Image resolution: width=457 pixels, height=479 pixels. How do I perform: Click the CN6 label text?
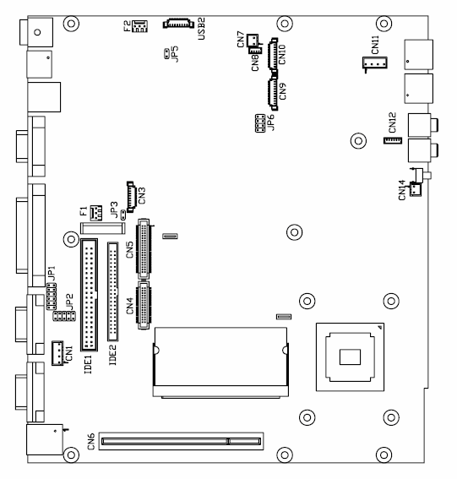point(91,442)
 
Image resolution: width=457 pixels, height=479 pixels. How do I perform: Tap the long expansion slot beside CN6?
point(181,441)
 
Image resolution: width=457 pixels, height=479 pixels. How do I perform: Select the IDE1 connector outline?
point(89,295)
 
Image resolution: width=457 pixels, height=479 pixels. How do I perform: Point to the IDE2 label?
point(112,355)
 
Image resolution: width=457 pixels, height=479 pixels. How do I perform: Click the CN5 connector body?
point(144,248)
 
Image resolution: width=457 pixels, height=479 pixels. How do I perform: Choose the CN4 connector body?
point(144,305)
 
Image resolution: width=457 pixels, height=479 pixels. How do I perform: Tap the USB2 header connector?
point(178,24)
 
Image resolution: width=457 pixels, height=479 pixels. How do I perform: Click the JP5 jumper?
point(166,54)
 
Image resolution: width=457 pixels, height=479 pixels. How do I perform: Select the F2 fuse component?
point(140,26)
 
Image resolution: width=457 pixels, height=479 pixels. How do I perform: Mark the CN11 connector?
point(375,63)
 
